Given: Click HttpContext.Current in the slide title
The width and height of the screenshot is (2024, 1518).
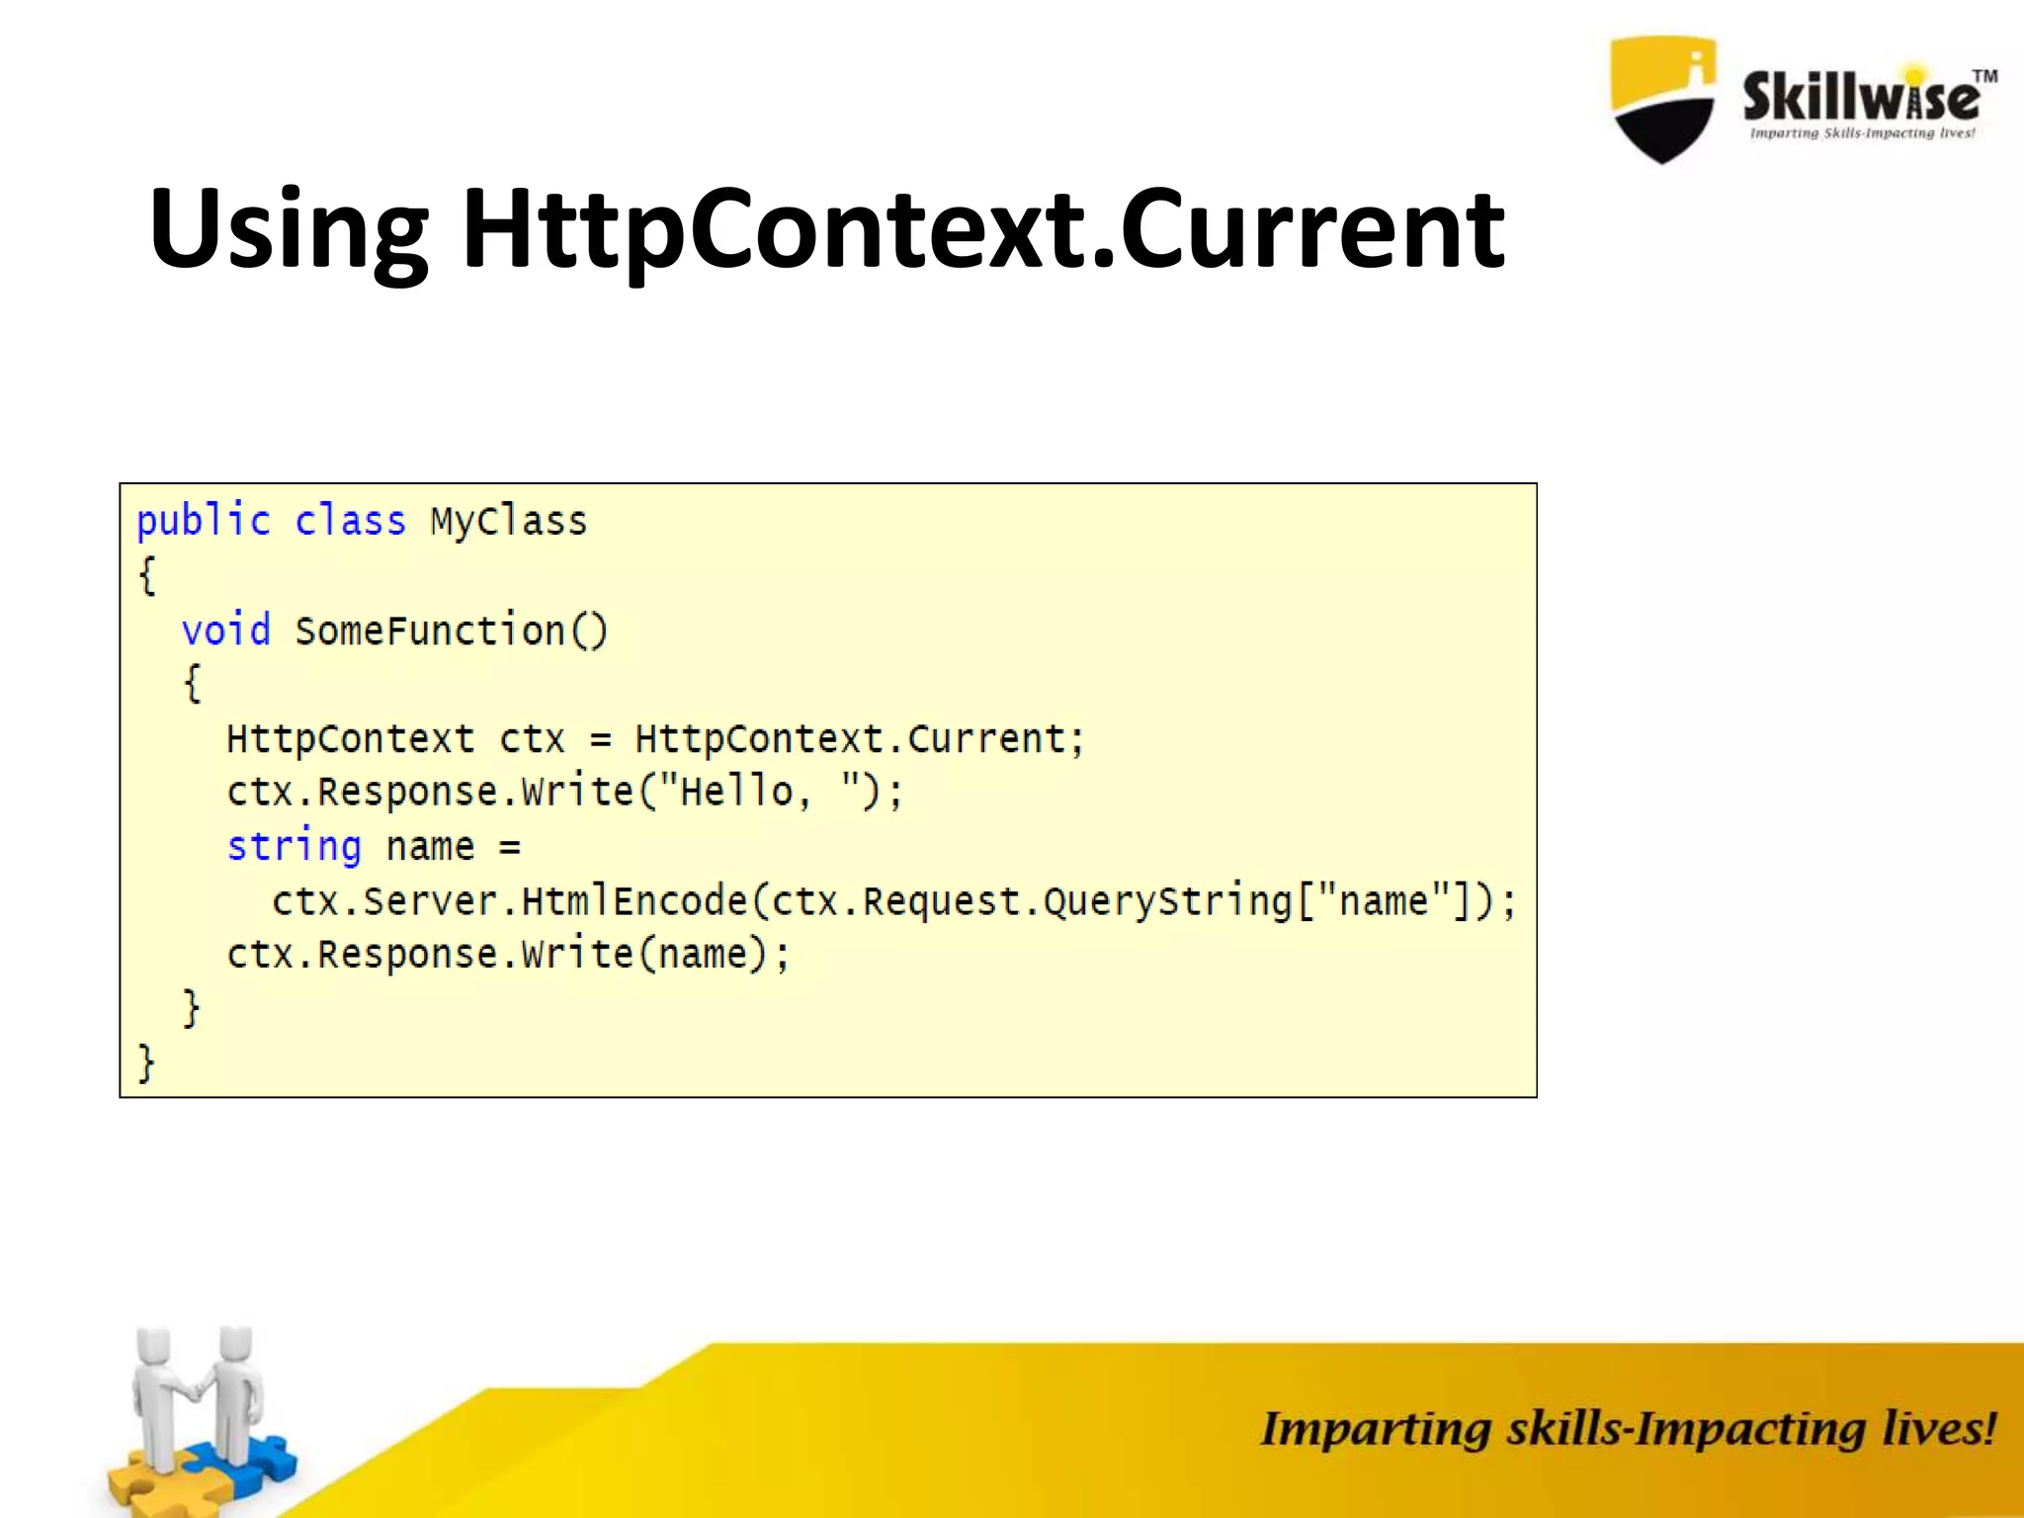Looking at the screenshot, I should (983, 229).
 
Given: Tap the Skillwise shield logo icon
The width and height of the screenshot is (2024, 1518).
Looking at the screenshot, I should (1662, 99).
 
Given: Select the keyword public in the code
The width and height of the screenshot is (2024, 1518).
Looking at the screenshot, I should (204, 521).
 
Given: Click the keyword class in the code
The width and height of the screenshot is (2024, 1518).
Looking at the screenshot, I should (350, 521).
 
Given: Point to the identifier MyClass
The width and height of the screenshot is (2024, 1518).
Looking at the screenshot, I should (509, 521).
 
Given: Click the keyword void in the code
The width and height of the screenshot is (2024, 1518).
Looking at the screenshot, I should (225, 631).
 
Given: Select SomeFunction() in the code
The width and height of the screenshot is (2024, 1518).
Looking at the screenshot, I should (452, 631).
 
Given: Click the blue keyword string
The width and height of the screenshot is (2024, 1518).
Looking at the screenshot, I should (295, 847).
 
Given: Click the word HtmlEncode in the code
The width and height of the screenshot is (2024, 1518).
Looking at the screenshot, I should (633, 901).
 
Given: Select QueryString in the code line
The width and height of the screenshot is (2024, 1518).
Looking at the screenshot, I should (1167, 901).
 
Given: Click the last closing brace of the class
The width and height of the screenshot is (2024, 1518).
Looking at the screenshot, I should (146, 1064).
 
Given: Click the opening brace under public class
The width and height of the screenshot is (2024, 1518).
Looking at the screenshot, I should (147, 575).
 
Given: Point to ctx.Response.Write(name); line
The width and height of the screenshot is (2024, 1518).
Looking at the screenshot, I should (508, 955).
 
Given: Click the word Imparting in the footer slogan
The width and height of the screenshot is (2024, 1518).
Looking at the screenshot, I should (1375, 1429).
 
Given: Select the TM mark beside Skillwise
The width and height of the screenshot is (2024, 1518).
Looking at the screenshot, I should (1984, 76).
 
